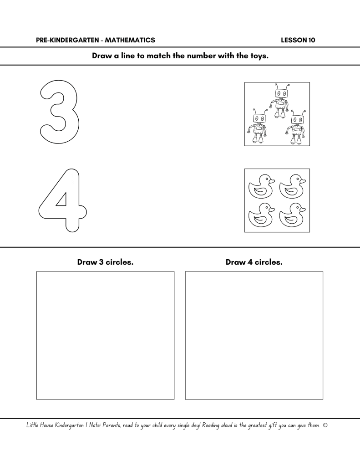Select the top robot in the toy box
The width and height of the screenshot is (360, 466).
[x=279, y=101]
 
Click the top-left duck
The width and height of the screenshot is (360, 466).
[x=261, y=187]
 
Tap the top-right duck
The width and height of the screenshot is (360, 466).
[x=292, y=187]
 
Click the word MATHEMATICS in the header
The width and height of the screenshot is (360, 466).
[x=130, y=40]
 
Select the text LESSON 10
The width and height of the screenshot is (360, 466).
[x=298, y=40]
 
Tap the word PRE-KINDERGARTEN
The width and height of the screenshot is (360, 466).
[x=68, y=40]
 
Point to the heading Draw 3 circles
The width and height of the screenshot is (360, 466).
[x=106, y=262]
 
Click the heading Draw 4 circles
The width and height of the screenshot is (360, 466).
[x=254, y=262]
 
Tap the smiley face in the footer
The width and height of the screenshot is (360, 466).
[x=325, y=425]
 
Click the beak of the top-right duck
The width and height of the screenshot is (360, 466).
[x=303, y=181]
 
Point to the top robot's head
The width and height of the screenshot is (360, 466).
[x=281, y=93]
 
